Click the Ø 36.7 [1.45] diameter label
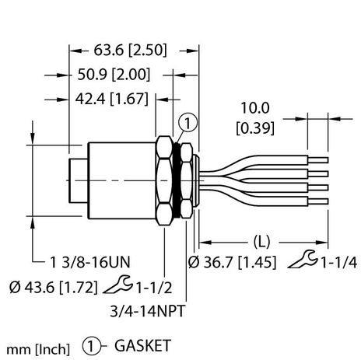click(x=231, y=263)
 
